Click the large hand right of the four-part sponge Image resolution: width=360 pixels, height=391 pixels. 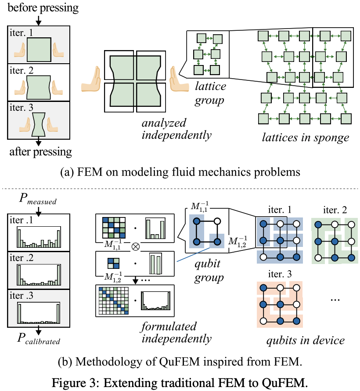tap(179, 79)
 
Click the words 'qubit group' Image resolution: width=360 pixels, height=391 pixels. tap(209, 272)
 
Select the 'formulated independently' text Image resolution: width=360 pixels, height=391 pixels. tap(176, 333)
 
